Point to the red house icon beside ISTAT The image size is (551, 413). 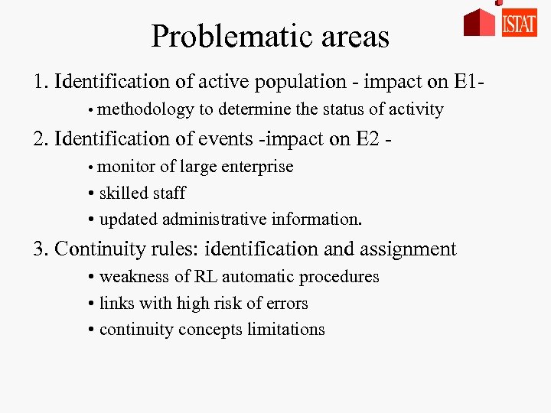480,22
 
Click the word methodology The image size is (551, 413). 146,109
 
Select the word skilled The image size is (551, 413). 125,193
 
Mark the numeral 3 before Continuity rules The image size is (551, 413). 37,249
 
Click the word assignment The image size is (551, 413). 409,249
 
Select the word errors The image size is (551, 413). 285,304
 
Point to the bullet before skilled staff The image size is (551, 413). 91,194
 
